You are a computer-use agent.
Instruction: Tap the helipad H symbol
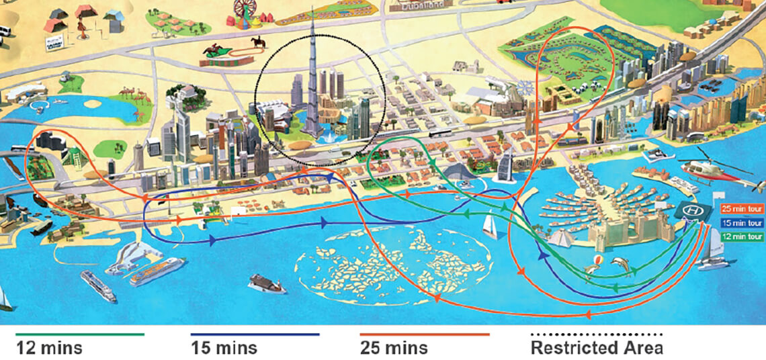pos(691,212)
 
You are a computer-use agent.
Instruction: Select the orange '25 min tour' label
pos(742,209)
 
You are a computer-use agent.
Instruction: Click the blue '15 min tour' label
pos(742,223)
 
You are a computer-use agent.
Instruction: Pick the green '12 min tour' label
pos(742,236)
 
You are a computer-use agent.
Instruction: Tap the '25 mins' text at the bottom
pos(394,348)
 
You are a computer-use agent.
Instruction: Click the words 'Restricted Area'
pos(596,348)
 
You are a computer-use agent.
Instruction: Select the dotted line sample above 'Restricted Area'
pos(596,334)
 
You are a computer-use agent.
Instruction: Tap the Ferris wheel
pos(246,12)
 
